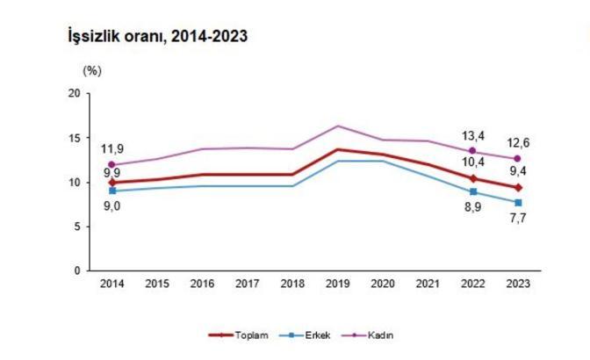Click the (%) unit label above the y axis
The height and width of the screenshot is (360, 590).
pyautogui.click(x=92, y=69)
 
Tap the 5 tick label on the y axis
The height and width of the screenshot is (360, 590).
pyautogui.click(x=77, y=227)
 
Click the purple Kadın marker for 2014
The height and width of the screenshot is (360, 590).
pyautogui.click(x=112, y=164)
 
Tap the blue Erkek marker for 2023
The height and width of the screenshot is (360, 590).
pyautogui.click(x=518, y=203)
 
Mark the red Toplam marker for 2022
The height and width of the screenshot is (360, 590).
pyautogui.click(x=473, y=178)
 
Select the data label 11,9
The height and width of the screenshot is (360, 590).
pyautogui.click(x=112, y=148)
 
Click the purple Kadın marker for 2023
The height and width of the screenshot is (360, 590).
pyautogui.click(x=518, y=159)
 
